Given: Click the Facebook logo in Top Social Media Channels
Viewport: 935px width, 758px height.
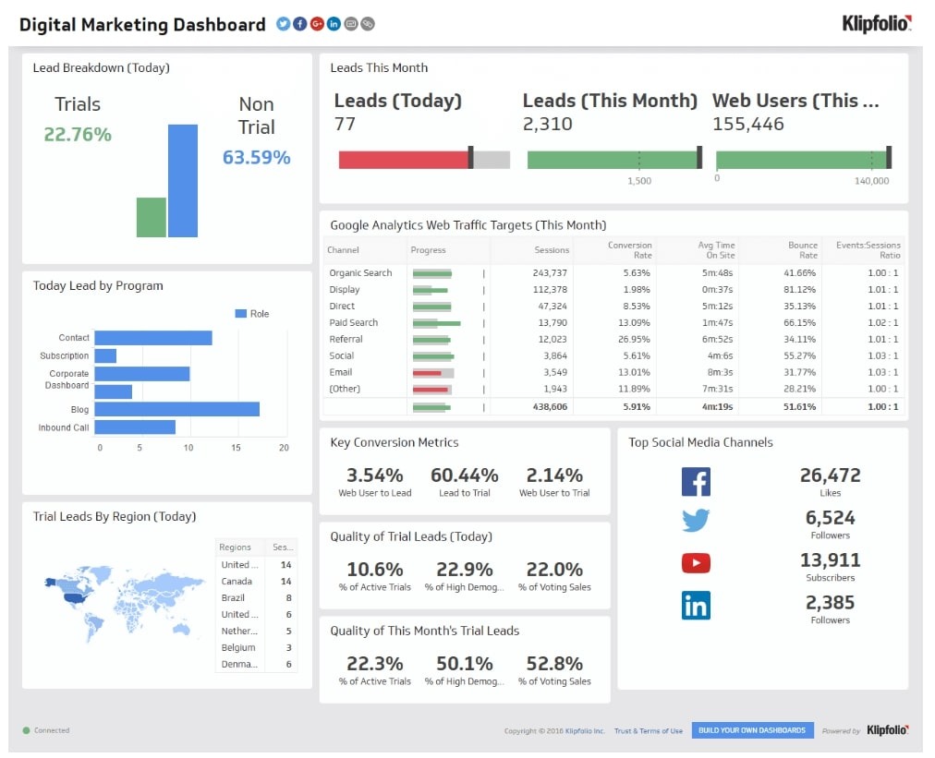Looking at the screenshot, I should click(x=695, y=482).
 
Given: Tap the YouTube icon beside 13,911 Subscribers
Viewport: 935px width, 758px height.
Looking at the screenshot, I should click(x=695, y=562).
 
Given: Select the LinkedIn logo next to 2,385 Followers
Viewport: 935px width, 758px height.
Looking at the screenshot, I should click(x=695, y=606).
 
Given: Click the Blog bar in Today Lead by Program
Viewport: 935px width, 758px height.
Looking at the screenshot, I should click(x=176, y=408).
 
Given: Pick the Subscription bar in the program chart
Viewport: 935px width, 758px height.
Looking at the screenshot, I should click(x=105, y=355).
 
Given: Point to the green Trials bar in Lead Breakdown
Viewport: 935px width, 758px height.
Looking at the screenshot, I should click(x=151, y=217).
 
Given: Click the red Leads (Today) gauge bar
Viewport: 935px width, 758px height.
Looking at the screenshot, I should click(x=403, y=160).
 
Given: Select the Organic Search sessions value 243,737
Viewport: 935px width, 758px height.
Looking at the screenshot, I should click(x=551, y=273).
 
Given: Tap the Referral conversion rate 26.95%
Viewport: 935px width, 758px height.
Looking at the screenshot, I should click(x=633, y=340).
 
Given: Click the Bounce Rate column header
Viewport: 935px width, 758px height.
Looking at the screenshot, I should click(x=802, y=249).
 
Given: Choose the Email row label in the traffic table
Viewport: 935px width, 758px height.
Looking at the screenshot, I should click(x=341, y=373).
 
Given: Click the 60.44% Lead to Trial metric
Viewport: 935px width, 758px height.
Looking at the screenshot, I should click(x=464, y=475).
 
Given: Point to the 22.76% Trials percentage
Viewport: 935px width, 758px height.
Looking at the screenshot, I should click(x=78, y=135).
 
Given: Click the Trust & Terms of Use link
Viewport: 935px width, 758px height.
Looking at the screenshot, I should click(x=649, y=731).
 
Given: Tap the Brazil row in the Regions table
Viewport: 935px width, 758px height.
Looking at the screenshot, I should click(x=233, y=597).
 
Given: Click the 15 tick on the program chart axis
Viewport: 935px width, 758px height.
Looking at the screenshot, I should click(x=237, y=448).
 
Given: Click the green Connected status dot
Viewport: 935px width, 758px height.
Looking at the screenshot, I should click(x=27, y=730).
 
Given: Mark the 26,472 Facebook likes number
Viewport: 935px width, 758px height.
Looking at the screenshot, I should click(x=830, y=475).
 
